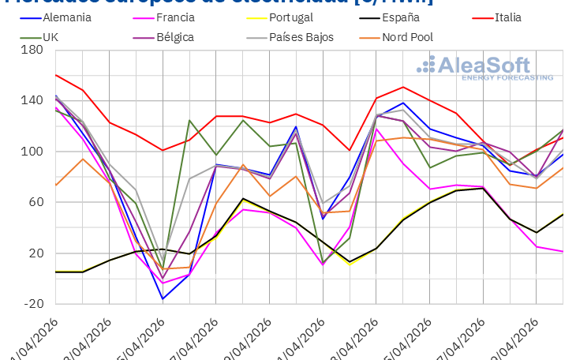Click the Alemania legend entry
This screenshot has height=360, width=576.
(x=58, y=17)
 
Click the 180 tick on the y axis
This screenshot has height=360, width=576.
(x=32, y=50)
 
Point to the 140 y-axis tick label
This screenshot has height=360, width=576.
(x=32, y=100)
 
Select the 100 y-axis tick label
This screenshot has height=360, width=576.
(x=32, y=152)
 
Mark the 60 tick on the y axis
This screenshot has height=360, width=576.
(x=35, y=202)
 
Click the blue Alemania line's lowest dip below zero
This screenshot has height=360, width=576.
(x=163, y=299)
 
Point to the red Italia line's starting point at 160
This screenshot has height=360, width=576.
(x=56, y=75)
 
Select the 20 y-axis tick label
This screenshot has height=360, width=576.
(x=35, y=253)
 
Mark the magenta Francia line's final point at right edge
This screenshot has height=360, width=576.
(x=563, y=252)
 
